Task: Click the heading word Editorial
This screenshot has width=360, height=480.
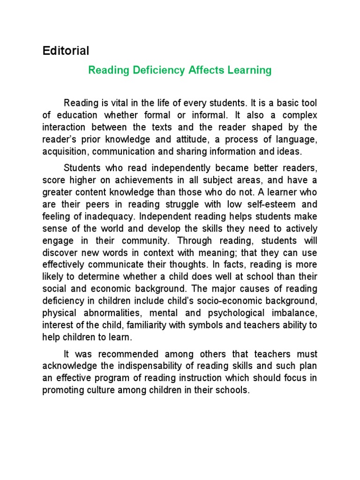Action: click(66, 51)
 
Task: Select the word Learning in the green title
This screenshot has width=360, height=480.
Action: click(249, 70)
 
